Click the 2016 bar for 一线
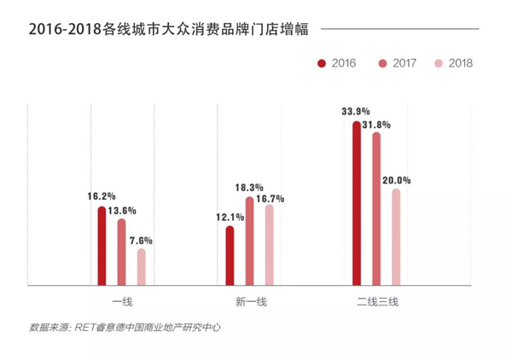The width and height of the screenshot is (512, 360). point(102,247)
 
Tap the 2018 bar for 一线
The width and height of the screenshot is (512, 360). point(142,267)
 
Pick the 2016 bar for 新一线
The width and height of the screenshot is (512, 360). point(230,255)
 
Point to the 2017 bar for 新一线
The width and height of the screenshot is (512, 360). point(249,241)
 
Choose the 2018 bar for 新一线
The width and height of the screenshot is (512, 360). point(270,245)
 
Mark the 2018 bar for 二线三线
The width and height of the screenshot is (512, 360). point(396,237)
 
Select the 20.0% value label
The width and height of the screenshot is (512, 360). point(399,180)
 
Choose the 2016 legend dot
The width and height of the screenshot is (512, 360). point(321,63)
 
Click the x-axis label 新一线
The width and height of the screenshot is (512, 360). point(251,301)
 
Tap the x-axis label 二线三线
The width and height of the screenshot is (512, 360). point(377,301)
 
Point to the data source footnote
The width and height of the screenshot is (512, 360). point(125,326)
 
